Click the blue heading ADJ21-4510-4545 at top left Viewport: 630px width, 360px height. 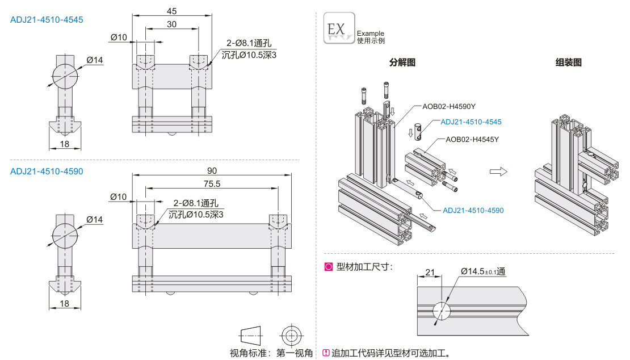click(47, 20)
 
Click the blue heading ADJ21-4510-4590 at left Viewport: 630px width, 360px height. click(47, 171)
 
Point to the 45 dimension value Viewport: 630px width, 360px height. click(171, 11)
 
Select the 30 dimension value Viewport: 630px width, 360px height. click(171, 24)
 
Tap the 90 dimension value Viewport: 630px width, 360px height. click(212, 171)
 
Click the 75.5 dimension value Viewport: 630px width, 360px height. click(212, 184)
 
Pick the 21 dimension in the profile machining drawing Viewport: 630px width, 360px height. click(430, 273)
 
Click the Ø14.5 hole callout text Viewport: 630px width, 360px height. click(483, 271)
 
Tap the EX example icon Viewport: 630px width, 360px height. click(339, 28)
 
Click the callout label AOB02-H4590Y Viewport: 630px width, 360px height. click(449, 107)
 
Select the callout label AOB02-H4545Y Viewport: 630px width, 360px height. click(472, 140)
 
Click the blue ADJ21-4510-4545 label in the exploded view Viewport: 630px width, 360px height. click(471, 122)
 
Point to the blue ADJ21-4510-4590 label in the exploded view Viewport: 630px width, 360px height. click(473, 210)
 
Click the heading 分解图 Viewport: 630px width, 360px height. click(402, 62)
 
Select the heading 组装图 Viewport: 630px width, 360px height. click(569, 62)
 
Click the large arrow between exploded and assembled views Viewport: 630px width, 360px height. click(498, 171)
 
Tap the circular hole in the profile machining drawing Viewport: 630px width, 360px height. click(442, 311)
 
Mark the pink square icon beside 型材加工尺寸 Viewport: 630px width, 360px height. click(328, 267)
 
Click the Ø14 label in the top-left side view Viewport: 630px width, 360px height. click(94, 60)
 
